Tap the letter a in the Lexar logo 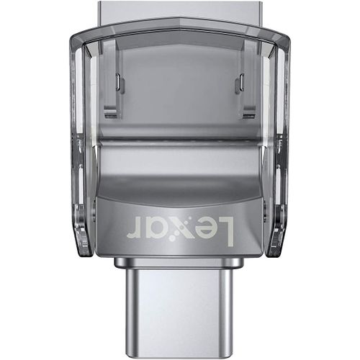click(x=161, y=228)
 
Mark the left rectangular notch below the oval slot click(x=110, y=116)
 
